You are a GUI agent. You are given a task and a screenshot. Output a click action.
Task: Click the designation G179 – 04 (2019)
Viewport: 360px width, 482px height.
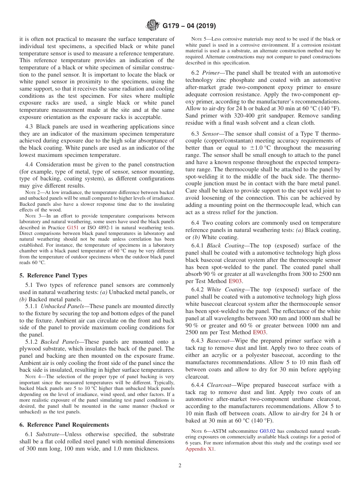(189, 26)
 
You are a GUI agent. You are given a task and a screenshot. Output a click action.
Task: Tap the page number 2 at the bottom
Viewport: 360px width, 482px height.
(180, 466)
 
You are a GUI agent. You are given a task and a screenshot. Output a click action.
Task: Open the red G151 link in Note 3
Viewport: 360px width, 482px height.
(72, 228)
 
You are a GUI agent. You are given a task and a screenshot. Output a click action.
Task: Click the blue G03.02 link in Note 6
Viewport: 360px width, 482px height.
(266, 431)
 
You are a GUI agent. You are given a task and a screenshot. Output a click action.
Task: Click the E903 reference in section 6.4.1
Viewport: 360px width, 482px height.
(235, 281)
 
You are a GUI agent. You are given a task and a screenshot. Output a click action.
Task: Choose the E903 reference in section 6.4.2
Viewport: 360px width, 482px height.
(260, 332)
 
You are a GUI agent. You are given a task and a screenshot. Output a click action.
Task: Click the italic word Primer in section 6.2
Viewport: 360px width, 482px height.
(210, 73)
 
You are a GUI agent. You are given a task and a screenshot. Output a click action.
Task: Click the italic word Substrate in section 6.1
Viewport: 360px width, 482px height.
(47, 434)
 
